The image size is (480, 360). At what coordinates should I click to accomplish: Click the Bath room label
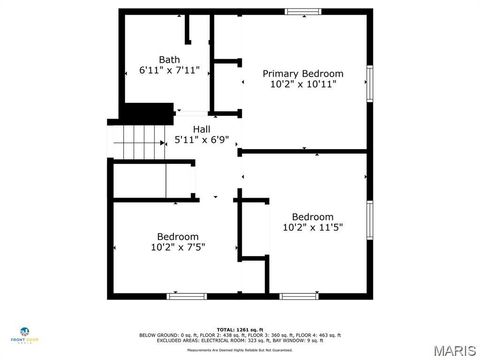(169, 59)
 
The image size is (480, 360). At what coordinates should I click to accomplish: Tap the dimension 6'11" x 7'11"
(169, 71)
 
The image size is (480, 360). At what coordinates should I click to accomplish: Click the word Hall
(201, 129)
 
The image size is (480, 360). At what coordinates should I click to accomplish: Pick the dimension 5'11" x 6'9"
(203, 140)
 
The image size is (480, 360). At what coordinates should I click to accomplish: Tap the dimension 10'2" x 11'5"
(312, 228)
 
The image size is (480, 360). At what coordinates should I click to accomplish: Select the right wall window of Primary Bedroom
(370, 82)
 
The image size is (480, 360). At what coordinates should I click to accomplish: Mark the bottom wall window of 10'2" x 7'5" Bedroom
(187, 296)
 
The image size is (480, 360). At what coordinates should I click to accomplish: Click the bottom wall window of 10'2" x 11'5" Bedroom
(298, 296)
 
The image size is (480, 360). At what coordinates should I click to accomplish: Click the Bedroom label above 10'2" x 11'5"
(312, 217)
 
